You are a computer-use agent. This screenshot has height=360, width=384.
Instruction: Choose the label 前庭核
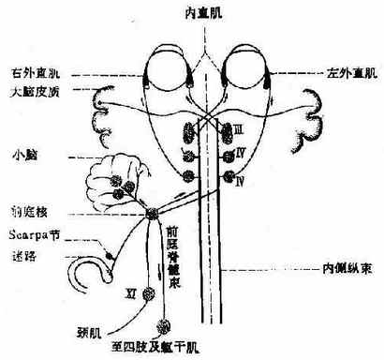tap(25, 211)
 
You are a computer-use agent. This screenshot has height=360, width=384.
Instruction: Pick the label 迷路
tap(21, 255)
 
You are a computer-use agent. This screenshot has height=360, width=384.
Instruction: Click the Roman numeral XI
tap(130, 293)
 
